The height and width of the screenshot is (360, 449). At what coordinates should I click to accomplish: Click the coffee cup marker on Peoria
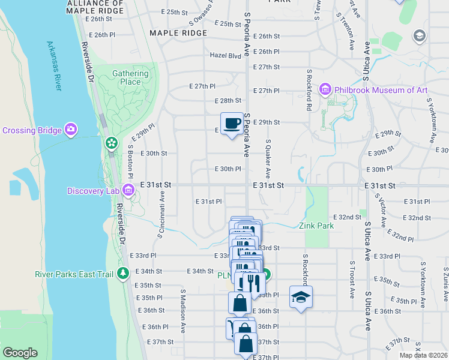tap(232, 124)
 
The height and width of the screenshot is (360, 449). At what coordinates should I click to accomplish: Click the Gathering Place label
tap(130, 77)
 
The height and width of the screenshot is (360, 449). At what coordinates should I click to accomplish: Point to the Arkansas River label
tap(55, 66)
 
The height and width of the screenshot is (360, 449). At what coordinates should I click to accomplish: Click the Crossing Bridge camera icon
tap(71, 130)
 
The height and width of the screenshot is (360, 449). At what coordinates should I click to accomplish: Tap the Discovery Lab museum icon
tap(127, 191)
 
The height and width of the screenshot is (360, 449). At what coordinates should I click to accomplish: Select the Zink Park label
tap(316, 226)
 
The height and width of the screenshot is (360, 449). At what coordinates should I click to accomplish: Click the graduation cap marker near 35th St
tap(301, 297)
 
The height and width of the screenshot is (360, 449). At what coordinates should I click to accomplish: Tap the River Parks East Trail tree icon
tap(124, 274)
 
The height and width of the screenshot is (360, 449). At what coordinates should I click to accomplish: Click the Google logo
tap(20, 353)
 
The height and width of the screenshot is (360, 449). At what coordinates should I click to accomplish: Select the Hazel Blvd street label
tap(225, 55)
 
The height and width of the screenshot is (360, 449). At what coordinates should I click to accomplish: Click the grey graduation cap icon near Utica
tap(419, 36)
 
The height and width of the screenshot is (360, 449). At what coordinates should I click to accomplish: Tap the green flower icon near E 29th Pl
tap(111, 143)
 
